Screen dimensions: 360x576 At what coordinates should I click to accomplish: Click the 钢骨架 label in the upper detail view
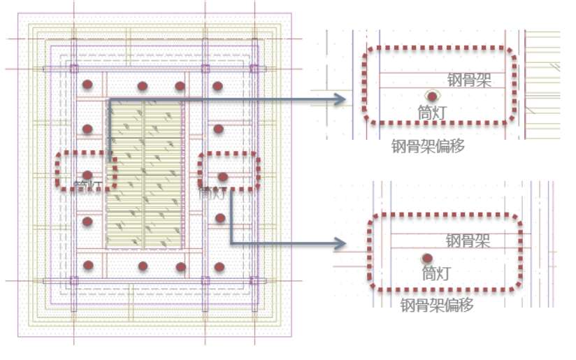tap(469, 80)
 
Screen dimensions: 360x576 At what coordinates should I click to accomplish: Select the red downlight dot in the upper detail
tap(433, 96)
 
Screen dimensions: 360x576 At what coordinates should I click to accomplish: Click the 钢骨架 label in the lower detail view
tap(468, 241)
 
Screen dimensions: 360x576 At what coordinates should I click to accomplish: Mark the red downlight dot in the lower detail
tap(426, 258)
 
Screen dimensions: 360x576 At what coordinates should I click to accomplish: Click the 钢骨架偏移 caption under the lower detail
tap(438, 305)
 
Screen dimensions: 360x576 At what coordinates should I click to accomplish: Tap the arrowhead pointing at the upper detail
tap(340, 99)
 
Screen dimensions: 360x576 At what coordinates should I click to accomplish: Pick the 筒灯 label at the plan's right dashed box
tap(211, 192)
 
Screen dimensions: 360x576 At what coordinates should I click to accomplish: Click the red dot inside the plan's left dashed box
tap(87, 175)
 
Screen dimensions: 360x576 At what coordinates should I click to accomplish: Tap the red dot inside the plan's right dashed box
tap(223, 177)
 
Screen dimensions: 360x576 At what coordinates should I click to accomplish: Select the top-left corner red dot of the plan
tap(87, 85)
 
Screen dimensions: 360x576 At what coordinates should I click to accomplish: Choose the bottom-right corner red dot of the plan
tap(218, 266)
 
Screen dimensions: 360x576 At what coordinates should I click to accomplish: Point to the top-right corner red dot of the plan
tap(217, 86)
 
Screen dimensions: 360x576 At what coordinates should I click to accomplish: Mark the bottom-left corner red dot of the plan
tap(87, 265)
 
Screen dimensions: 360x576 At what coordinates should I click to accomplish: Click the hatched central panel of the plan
tap(145, 175)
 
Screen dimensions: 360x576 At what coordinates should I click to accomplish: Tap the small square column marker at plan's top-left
tap(73, 69)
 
